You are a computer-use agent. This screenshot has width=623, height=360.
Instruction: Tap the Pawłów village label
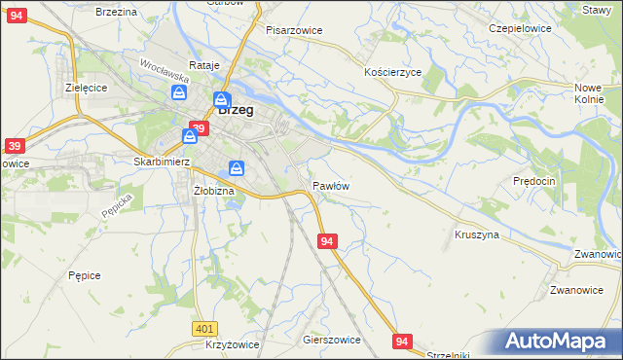click(331, 185)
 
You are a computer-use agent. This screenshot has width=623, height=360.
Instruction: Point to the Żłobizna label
click(214, 191)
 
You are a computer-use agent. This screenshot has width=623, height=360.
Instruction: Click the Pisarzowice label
click(294, 30)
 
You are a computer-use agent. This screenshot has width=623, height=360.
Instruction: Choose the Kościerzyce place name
click(392, 73)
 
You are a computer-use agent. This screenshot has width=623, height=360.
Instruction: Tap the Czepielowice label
click(520, 28)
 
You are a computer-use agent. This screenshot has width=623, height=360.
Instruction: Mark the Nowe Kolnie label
click(590, 92)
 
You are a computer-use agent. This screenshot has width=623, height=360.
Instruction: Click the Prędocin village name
click(533, 181)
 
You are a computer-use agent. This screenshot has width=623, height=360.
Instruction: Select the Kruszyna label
click(477, 234)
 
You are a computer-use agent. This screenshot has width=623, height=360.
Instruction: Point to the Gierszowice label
click(332, 340)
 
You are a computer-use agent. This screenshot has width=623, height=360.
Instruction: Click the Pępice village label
click(85, 275)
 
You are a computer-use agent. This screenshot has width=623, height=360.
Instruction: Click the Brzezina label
click(116, 11)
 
